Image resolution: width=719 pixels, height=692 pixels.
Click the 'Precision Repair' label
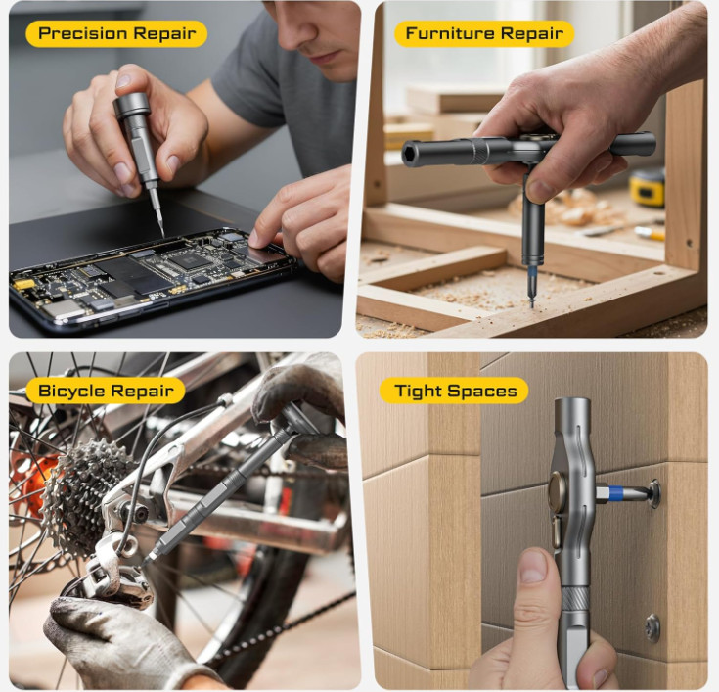click(x=117, y=33)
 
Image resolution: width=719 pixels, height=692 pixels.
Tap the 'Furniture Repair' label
click(x=484, y=33)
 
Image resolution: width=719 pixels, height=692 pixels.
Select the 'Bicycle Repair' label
click(x=106, y=391)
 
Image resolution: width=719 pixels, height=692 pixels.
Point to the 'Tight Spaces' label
click(x=455, y=391)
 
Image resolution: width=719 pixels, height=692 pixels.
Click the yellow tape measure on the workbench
click(x=648, y=187)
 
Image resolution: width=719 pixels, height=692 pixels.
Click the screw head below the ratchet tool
click(x=653, y=627)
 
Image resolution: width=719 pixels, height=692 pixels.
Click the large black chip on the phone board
click(x=183, y=260)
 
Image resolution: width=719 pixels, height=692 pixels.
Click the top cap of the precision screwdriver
click(x=132, y=105)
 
